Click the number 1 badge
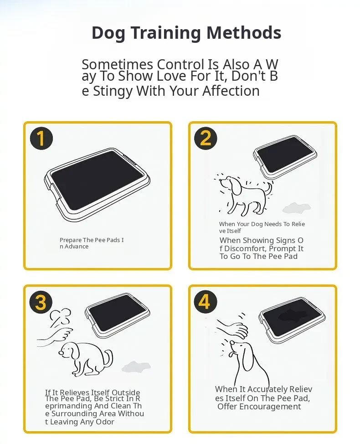41,139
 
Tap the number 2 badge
206,138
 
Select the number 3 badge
41,302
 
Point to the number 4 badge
205,301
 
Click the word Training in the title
166,33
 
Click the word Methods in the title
244,32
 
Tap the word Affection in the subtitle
231,91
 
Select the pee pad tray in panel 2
285,156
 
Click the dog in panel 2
244,195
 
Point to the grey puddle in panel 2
296,208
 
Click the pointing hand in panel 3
55,337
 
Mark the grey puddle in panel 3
136,367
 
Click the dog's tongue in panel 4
232,354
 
